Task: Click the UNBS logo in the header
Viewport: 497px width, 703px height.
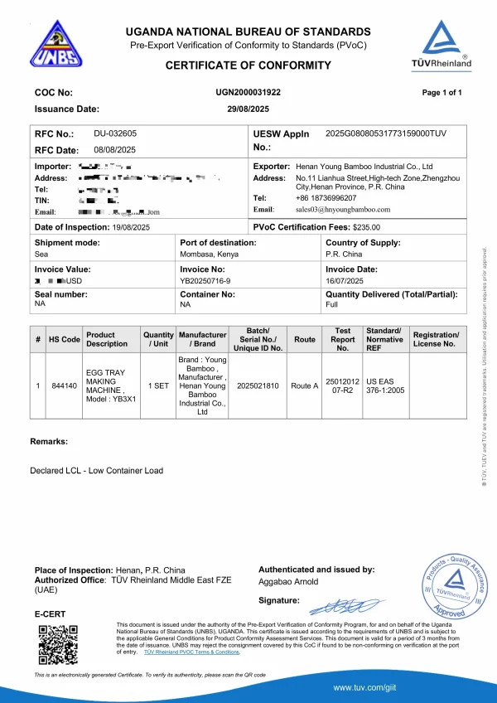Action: tap(56, 45)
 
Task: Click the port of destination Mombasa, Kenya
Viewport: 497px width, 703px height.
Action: tap(210, 255)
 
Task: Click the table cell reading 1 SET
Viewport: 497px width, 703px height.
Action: tap(158, 385)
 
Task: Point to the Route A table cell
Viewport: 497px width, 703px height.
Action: tap(304, 385)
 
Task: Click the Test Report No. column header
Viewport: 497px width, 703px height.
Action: tap(343, 339)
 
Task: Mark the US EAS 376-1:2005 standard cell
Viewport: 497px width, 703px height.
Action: tap(384, 385)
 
